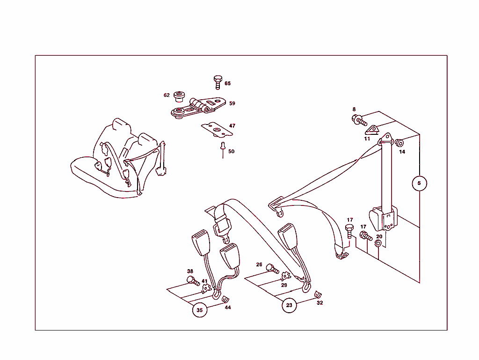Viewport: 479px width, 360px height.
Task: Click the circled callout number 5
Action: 419,184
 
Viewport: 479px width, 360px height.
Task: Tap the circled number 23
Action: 289,305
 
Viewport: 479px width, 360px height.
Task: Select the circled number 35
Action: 199,310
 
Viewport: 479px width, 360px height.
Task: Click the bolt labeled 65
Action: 218,82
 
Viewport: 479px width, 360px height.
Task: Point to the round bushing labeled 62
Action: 179,96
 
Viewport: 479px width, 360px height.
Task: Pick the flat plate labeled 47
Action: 217,130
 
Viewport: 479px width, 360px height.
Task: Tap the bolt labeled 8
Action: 359,120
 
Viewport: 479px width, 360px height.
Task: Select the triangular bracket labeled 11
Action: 372,130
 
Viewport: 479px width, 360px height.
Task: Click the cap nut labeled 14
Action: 399,143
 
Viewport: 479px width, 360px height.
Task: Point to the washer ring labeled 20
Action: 378,243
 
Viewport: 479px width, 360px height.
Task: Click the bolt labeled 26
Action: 272,269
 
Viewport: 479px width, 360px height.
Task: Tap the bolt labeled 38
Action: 193,280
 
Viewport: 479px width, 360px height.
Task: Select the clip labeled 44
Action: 225,299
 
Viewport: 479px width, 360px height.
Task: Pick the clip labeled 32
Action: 318,294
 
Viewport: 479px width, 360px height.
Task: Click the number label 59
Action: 232,103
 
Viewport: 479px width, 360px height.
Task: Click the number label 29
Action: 284,285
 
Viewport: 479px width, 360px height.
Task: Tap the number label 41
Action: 204,281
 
